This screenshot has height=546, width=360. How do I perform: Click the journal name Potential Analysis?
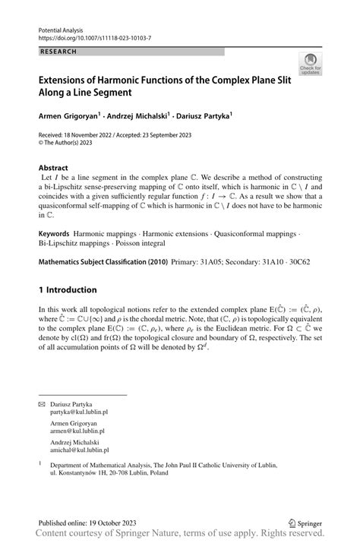tap(62, 27)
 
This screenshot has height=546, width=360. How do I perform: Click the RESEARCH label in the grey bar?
tap(58, 51)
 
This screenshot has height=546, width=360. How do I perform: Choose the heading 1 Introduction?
tap(68, 289)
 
